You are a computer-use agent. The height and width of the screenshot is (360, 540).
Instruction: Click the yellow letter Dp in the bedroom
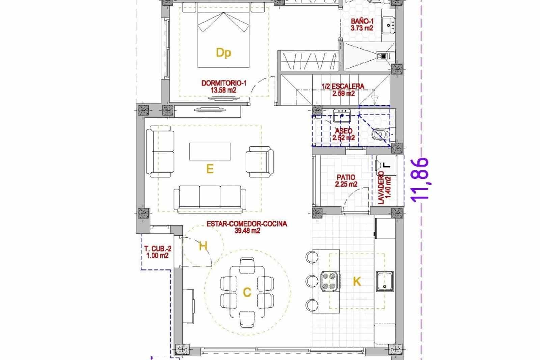(223, 53)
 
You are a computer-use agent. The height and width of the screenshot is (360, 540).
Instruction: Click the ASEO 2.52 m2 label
(343, 134)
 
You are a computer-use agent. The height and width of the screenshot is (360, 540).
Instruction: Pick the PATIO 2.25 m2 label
(346, 181)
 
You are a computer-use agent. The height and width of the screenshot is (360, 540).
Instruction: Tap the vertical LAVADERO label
(384, 187)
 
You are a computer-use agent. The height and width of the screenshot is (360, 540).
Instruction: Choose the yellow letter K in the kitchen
(357, 281)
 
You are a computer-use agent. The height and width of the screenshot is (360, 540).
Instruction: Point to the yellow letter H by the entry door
(203, 246)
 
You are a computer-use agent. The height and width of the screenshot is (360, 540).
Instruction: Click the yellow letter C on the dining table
(247, 292)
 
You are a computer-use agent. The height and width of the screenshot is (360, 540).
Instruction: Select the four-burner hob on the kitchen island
(330, 281)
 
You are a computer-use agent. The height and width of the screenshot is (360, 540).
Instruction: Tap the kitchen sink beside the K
(385, 281)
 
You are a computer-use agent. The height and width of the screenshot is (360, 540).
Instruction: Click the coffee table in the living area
(210, 151)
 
